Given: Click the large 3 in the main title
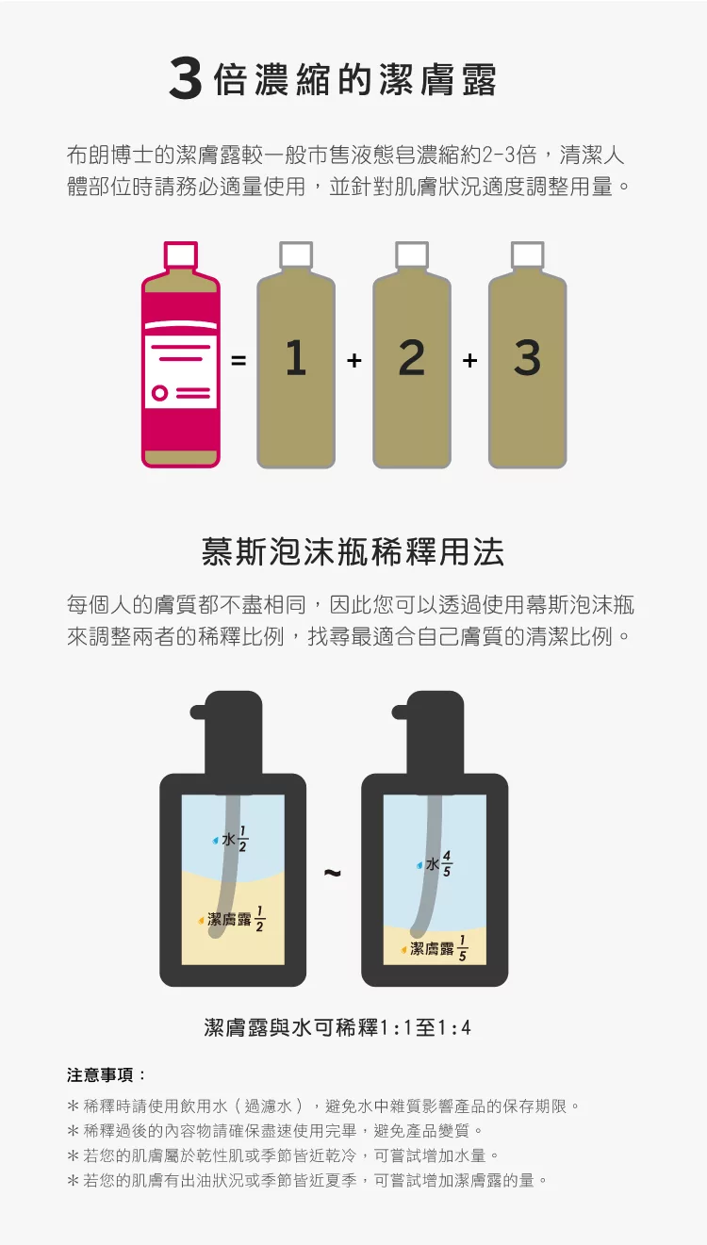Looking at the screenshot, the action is coord(185,79).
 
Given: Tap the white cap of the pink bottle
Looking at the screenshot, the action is coord(181,254).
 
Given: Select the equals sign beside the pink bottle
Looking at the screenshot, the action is coord(238,361).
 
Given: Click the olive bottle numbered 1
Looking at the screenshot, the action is coord(296,354).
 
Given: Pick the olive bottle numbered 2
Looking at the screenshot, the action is coord(412,354).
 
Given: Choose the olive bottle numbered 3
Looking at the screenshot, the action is coord(528,354).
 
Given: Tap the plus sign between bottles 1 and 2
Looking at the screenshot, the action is coord(354,361).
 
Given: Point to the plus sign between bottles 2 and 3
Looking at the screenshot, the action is coord(469,361).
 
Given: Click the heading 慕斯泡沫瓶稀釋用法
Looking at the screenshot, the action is coord(353,552).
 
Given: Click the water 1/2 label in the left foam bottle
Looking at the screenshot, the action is coord(230,839).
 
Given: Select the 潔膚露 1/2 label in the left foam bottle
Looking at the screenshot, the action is coord(232,919).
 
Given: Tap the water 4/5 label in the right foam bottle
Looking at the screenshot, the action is coord(435,864).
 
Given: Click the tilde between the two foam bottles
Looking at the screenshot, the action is coord(333,873).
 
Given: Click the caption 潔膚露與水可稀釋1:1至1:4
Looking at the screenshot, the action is coord(337,1028).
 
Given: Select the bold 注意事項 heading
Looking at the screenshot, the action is coord(106,1075).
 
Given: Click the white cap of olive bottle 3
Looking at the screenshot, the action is coord(528,254).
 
